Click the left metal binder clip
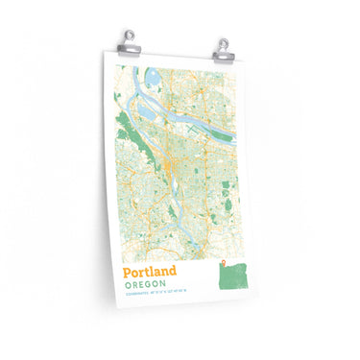tap(131, 40)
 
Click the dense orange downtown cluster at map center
tap(170, 173)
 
